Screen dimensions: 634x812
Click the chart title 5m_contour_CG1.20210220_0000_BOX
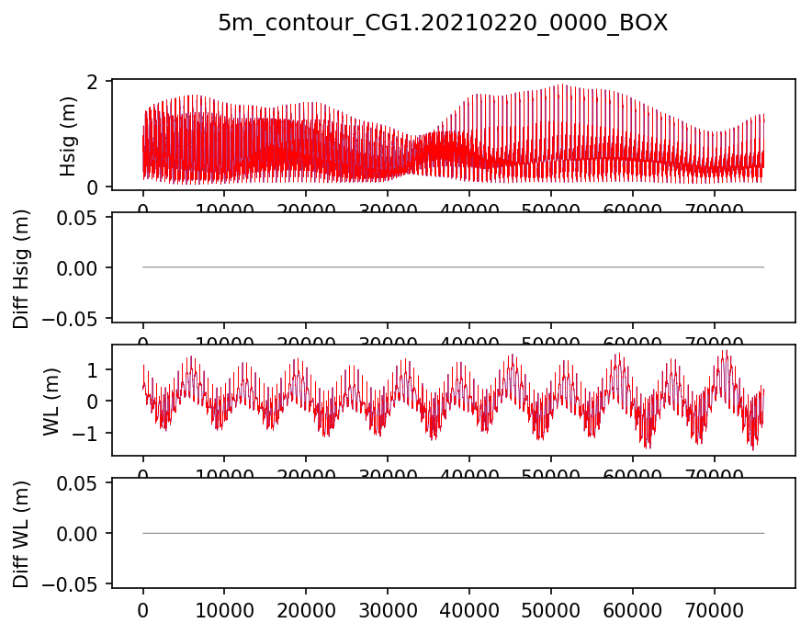tap(443, 24)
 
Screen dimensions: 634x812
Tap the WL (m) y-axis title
tap(52, 401)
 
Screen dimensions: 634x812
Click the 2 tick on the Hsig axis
tap(92, 82)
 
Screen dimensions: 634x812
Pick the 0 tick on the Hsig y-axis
tap(92, 187)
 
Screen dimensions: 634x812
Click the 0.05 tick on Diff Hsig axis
tap(78, 217)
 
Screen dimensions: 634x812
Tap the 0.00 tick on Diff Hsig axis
tap(78, 267)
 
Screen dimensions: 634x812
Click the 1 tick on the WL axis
tap(92, 369)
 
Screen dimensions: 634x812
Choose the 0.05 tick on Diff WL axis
tap(78, 483)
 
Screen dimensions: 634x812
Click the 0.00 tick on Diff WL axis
tap(78, 533)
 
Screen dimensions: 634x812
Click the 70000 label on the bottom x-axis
tap(715, 608)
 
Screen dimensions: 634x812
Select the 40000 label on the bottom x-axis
tap(469, 608)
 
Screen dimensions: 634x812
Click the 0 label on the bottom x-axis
tap(143, 608)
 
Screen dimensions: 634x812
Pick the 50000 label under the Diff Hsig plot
tap(551, 341)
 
